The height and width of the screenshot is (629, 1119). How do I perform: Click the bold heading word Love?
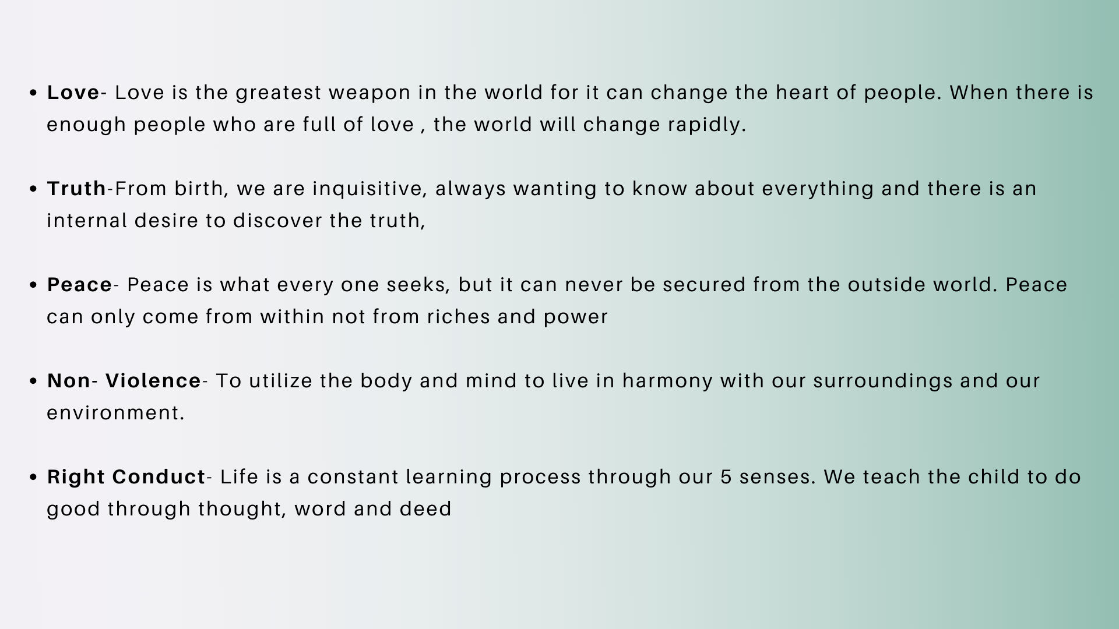click(73, 93)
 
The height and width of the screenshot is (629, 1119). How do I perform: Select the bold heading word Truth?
click(77, 189)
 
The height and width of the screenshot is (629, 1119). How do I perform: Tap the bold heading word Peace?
click(80, 285)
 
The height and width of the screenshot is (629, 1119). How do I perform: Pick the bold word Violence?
click(153, 381)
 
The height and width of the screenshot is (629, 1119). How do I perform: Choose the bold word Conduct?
click(159, 477)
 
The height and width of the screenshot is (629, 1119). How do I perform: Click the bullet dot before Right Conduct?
click(33, 478)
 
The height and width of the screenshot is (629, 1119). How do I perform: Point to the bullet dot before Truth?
click(33, 189)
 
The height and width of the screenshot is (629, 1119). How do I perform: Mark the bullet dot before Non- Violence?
click(33, 381)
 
